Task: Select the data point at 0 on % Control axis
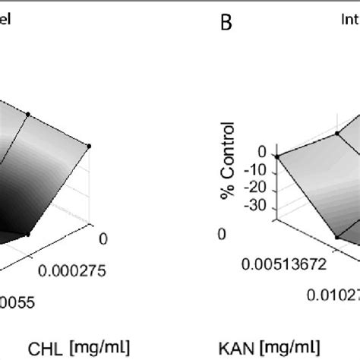[277, 156]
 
